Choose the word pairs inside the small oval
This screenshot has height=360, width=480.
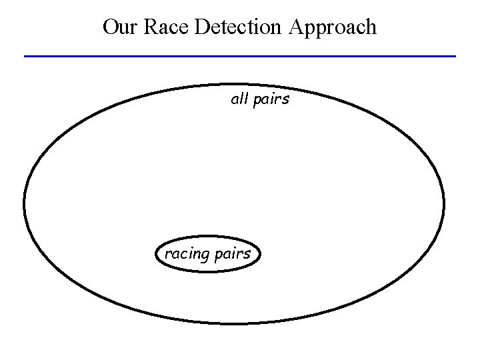tap(233, 254)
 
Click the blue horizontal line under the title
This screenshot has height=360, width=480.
tap(240, 56)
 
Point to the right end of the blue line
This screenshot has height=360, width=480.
tap(455, 56)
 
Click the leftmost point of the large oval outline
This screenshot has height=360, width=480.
tap(24, 204)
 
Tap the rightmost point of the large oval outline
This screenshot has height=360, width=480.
tap(444, 204)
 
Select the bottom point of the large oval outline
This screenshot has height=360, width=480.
tap(233, 324)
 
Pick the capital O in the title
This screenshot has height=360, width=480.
tap(111, 27)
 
